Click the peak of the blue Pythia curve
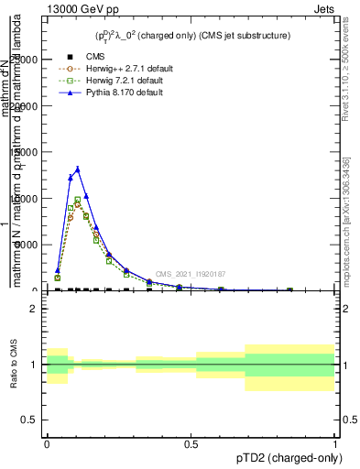[x=78, y=169]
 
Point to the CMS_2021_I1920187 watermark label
[x=190, y=274]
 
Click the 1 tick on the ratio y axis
[x=34, y=365]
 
